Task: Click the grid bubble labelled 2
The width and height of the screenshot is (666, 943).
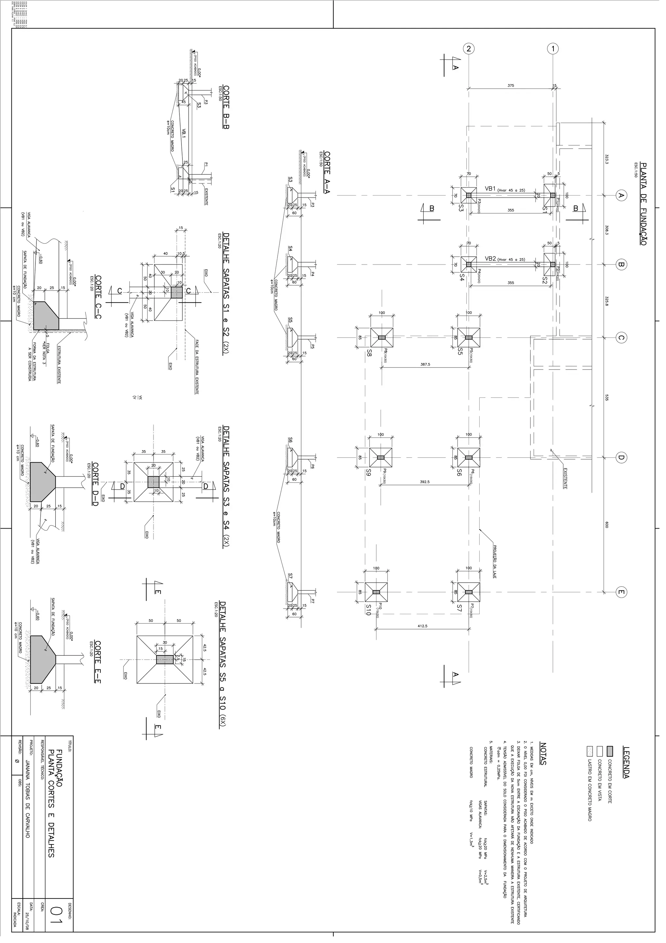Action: click(x=469, y=48)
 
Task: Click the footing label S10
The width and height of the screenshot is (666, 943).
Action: click(x=368, y=610)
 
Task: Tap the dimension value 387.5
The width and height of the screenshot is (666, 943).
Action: click(x=425, y=364)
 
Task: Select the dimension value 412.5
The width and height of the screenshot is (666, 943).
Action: click(x=422, y=626)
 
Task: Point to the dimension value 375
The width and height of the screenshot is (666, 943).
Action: click(x=511, y=86)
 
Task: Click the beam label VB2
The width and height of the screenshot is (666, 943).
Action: click(x=490, y=259)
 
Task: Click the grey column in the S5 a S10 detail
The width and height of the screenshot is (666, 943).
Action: click(x=165, y=660)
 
